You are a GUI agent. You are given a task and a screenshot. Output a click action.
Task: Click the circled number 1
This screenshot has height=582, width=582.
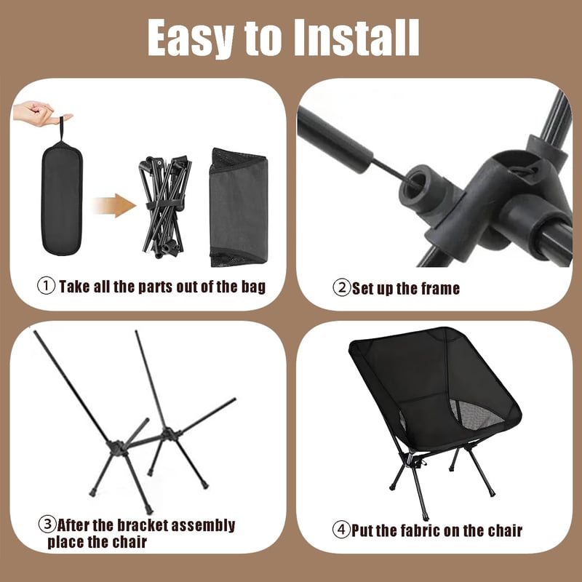click(47, 286)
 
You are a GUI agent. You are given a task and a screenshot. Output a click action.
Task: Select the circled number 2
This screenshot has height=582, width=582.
click(341, 287)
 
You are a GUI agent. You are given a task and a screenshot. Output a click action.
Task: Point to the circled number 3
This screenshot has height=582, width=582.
click(47, 524)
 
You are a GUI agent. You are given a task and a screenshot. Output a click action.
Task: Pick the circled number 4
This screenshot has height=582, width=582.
click(341, 530)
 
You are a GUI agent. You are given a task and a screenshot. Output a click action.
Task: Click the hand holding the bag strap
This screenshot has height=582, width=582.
click(40, 113)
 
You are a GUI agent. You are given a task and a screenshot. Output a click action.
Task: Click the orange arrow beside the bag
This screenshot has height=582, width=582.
click(114, 205)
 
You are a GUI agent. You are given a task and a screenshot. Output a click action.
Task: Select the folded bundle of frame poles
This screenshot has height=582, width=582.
click(164, 207)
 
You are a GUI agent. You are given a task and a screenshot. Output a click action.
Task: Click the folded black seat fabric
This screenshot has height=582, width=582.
click(239, 207)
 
